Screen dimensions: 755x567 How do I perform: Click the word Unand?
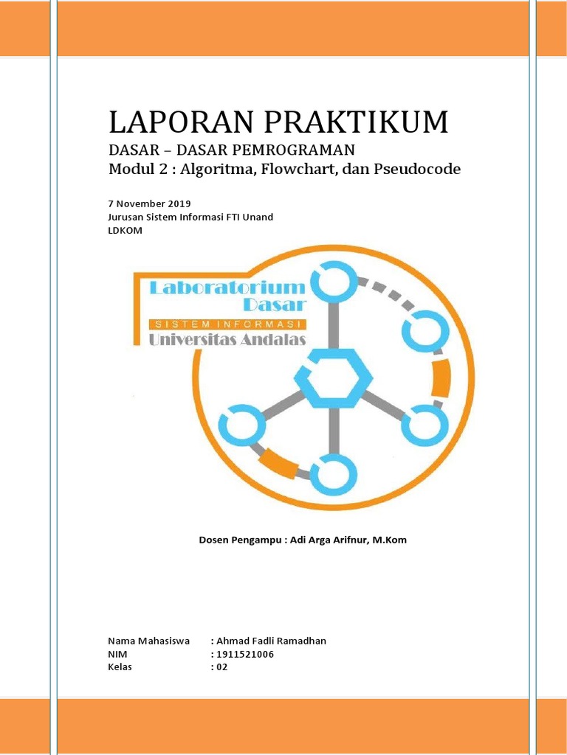coord(258,217)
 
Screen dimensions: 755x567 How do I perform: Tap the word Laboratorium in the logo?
coord(227,287)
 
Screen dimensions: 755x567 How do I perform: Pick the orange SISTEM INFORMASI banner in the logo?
coord(227,324)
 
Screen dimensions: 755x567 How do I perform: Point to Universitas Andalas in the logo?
coord(227,340)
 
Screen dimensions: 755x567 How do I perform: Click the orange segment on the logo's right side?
coord(441,377)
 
